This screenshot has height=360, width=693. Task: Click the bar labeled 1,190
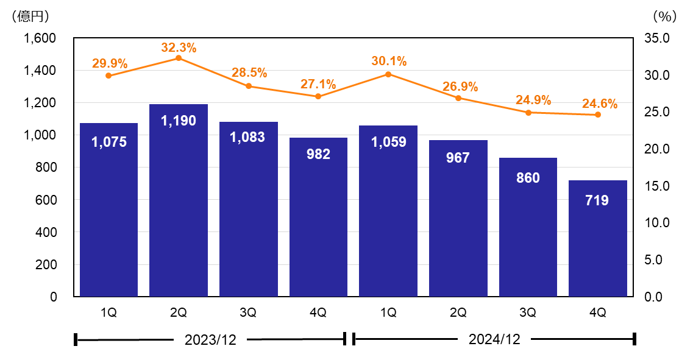179,200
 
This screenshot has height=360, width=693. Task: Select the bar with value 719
597,239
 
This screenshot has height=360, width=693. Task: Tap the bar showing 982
318,217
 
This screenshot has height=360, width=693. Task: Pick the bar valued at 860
528,227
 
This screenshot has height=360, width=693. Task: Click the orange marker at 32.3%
179,58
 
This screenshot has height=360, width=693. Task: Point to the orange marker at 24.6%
598,115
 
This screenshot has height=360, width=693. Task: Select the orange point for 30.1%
388,74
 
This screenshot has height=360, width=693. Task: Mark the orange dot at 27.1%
318,96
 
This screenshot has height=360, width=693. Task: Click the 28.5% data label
249,72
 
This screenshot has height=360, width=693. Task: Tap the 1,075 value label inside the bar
109,142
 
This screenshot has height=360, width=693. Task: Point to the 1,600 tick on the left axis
40,38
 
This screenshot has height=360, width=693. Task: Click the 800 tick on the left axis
46,168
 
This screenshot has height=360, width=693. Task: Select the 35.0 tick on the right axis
657,38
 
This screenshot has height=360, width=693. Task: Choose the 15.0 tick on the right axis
657,186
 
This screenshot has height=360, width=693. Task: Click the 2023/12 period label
210,340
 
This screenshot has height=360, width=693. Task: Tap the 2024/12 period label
494,339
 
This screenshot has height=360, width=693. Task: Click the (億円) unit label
30,16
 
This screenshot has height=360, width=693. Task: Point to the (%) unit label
665,16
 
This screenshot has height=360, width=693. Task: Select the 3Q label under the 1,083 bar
249,312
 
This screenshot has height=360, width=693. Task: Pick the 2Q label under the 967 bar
458,312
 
